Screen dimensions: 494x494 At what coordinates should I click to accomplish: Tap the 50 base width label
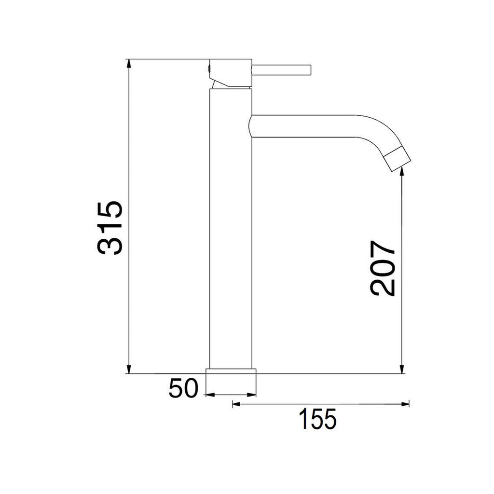click(183, 388)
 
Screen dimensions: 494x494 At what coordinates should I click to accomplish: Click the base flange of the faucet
click(231, 371)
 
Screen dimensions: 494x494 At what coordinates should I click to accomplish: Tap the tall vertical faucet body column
click(231, 232)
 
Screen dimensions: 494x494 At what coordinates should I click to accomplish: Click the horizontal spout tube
click(304, 126)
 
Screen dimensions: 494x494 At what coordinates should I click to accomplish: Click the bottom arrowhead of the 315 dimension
click(129, 369)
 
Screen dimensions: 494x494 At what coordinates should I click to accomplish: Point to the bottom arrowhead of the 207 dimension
click(402, 369)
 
